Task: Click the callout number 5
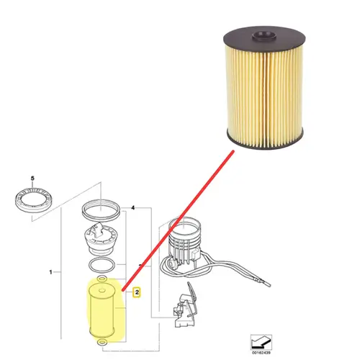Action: (32, 179)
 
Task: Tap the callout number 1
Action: (50, 272)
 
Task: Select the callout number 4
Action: (133, 207)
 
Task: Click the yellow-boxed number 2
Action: (137, 292)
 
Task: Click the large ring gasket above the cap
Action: (84, 211)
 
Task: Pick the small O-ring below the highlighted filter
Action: (102, 342)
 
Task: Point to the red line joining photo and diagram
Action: (178, 221)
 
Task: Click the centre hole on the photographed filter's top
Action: (264, 36)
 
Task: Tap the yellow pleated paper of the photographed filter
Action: (264, 95)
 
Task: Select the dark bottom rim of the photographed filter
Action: (265, 144)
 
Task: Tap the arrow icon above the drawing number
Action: (261, 342)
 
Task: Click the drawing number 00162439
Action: (261, 353)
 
